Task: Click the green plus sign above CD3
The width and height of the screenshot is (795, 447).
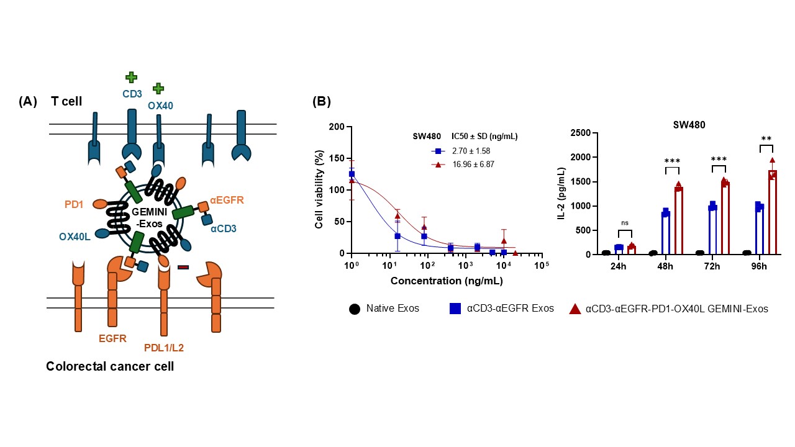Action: coord(131,77)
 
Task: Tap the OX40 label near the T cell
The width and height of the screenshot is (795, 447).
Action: coord(160,106)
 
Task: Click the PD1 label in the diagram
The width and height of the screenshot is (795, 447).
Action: coord(75,204)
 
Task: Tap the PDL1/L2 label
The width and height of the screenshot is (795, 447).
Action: coord(165,348)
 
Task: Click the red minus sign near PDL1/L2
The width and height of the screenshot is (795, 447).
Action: coord(183,267)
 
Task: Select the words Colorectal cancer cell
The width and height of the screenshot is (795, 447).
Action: coord(110,366)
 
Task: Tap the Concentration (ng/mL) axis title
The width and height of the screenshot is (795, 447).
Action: coord(447,281)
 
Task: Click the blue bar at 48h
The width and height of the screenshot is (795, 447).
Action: coord(666,233)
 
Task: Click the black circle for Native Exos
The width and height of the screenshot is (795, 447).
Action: coord(355,308)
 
